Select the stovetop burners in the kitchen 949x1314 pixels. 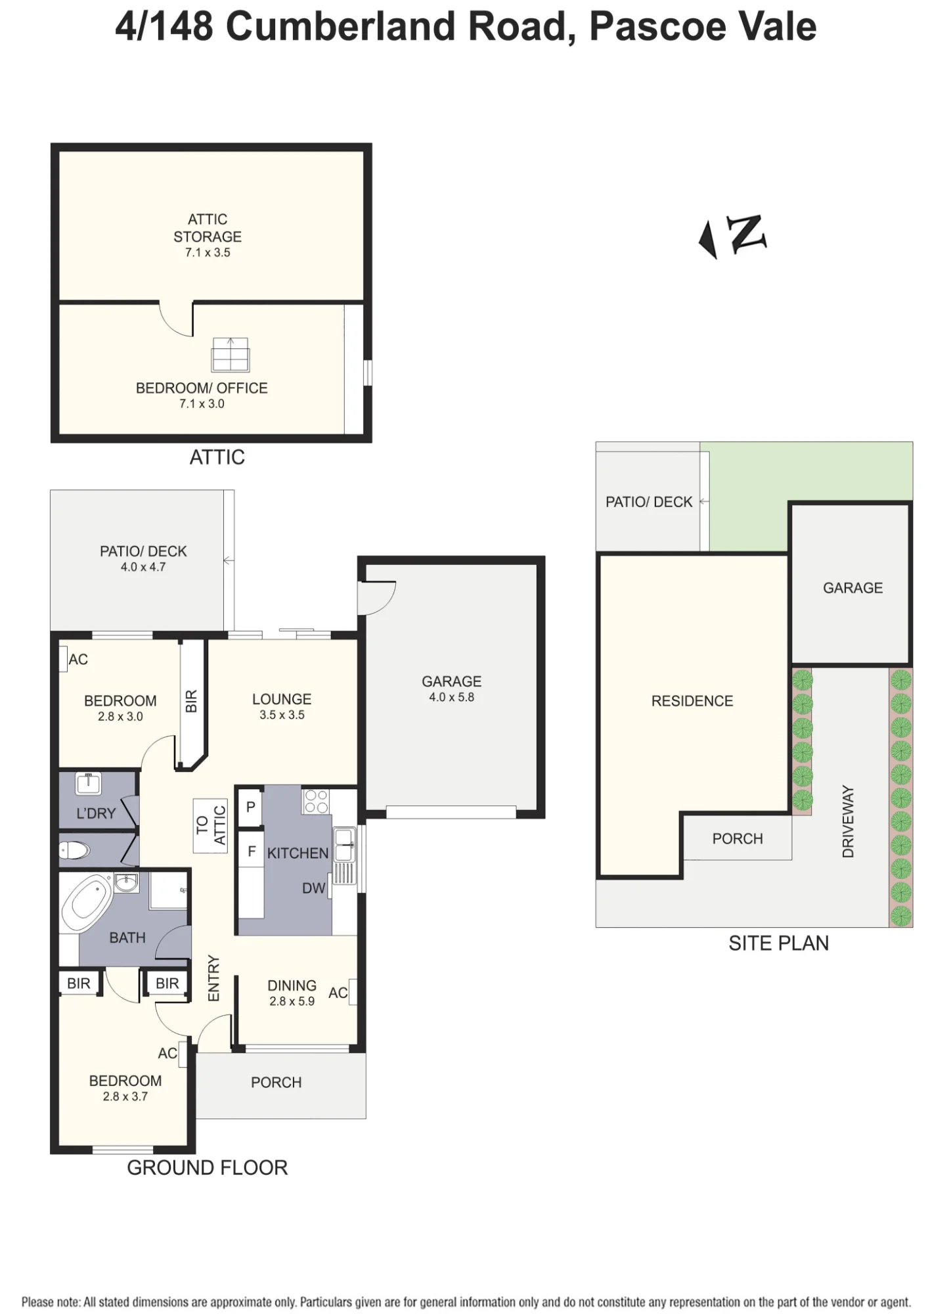coord(316,801)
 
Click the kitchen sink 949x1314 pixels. coord(344,845)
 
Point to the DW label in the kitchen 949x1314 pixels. coord(314,888)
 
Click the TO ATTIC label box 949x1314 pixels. coord(211,825)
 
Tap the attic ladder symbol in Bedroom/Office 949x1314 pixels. coord(230,355)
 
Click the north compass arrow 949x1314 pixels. coord(708,240)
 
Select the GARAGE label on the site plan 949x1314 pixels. coord(852,588)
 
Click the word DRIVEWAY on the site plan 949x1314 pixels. coord(848,821)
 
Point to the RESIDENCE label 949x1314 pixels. coord(692,701)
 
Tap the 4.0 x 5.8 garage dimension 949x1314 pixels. coord(452,697)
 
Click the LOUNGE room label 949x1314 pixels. coord(282,699)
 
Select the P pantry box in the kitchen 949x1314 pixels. coord(250,807)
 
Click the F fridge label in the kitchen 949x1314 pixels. coord(251,851)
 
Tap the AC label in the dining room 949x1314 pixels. coord(338,993)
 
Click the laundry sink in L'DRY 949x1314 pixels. coord(89,784)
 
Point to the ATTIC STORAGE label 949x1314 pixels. coord(208,228)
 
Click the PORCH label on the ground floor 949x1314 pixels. coord(276,1082)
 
